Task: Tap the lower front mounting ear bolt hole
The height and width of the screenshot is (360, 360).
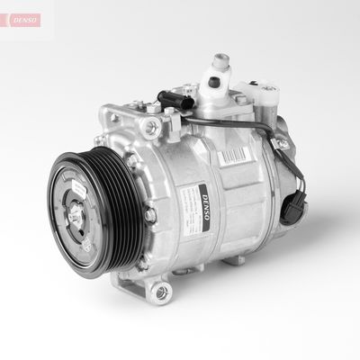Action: coord(162,291)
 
